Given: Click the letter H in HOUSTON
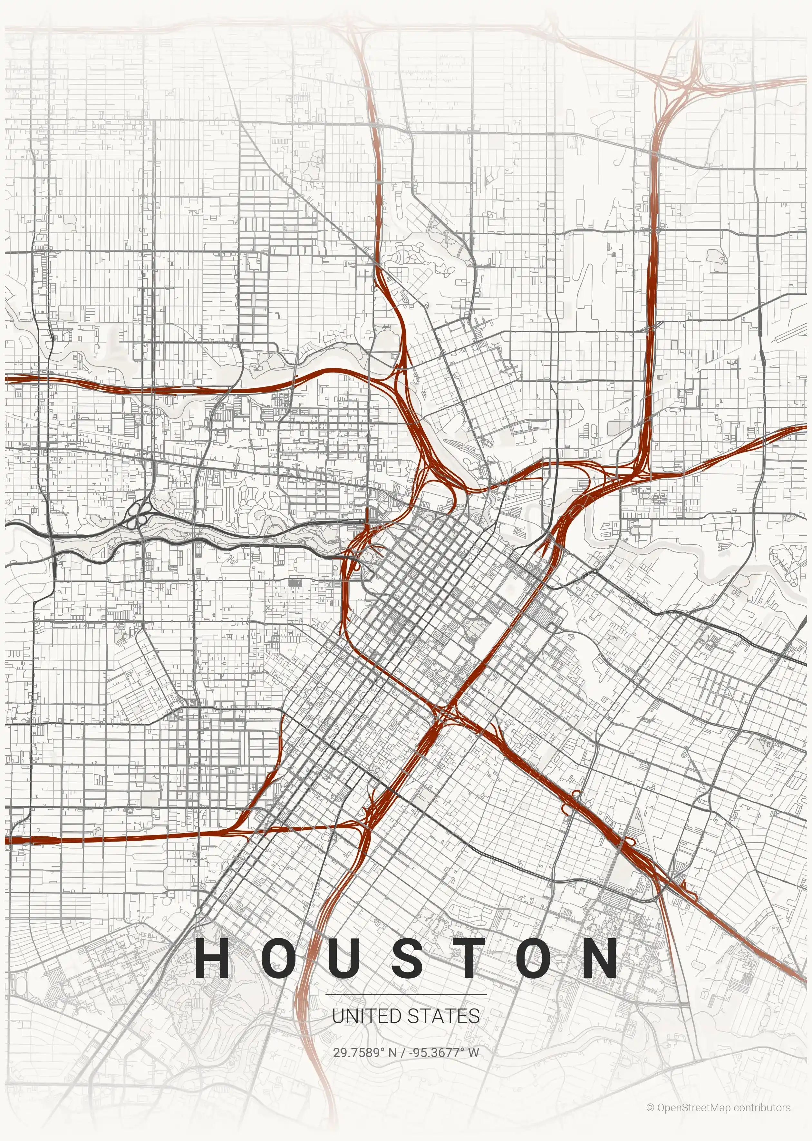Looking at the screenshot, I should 212,958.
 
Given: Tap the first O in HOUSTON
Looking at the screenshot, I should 277,958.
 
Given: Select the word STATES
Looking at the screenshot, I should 443,1016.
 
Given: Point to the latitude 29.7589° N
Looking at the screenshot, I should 364,1052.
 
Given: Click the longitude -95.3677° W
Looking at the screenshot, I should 444,1052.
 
